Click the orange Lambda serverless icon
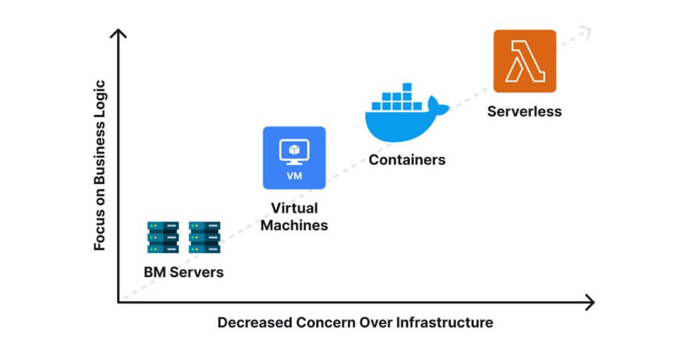tap(524, 61)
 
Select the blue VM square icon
tap(294, 158)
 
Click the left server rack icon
tap(163, 238)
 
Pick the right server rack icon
tap(204, 238)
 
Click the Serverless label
tap(524, 112)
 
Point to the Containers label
tap(407, 160)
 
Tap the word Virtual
tap(294, 208)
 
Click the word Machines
tap(294, 226)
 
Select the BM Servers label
tap(183, 272)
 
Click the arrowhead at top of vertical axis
tap(119, 33)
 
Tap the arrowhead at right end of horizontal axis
tap(589, 302)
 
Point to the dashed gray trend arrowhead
tap(587, 29)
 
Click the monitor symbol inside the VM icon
tap(294, 151)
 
